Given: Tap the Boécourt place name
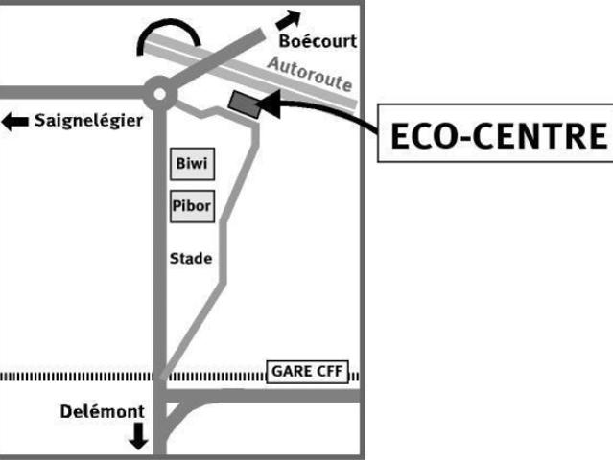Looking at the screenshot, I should coord(318,41).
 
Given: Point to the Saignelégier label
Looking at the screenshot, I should coord(87,121).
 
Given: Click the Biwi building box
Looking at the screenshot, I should coord(192,164).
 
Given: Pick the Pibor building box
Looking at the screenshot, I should coord(192,204).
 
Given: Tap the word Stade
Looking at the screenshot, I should coord(190,258).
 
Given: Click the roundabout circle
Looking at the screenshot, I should coord(159,93).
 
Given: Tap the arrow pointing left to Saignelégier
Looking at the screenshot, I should coord(15,122).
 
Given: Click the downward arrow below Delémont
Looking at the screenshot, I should coord(138,436).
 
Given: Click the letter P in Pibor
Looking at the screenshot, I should coord(177,204).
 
